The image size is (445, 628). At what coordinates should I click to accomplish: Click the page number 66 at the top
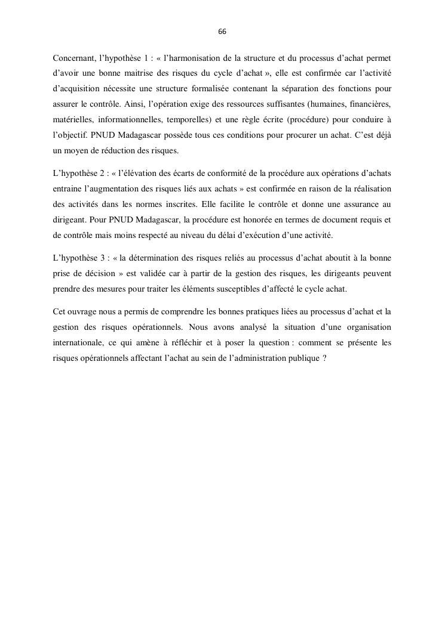pos(222,32)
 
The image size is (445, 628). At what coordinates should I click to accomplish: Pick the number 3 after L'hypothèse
pos(101,259)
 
